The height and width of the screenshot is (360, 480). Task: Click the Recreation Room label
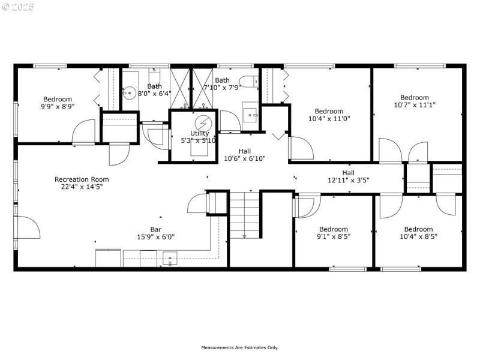coord(82,179)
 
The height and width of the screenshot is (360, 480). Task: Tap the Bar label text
coord(156,229)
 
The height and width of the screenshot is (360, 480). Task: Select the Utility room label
coord(200,133)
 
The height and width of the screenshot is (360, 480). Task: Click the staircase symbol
coord(244,214)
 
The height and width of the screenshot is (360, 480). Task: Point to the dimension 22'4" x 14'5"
coord(82,187)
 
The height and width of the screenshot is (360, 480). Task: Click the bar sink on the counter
coord(170,259)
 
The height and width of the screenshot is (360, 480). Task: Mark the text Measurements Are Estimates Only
coord(239,347)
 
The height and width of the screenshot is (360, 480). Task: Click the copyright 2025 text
coord(18,7)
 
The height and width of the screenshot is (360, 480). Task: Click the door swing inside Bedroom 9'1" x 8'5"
coord(304,208)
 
